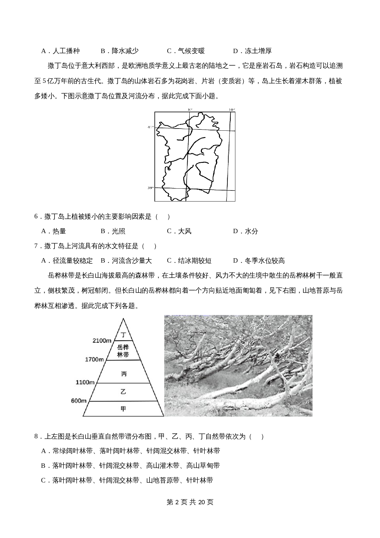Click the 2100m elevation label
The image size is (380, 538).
coord(102,340)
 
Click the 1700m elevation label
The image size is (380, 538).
coord(94,359)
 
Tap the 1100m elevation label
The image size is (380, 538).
coord(85,382)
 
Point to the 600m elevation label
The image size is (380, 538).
coord(79,401)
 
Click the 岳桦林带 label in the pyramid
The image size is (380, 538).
coord(123,351)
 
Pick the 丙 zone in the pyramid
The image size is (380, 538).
coord(123,374)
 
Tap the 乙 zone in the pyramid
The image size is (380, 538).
coord(123,392)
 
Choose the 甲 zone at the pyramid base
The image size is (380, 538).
coord(123,409)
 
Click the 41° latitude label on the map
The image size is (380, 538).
coord(150,127)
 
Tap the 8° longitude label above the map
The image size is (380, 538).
coord(190,109)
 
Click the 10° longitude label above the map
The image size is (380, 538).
coord(232,109)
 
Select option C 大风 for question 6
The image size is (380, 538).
coord(179,231)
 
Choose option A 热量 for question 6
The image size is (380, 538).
coord(54,231)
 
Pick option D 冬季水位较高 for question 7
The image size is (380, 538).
coord(259,261)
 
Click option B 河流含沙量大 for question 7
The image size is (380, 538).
coord(126,261)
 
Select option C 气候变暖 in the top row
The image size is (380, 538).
coord(186,51)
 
